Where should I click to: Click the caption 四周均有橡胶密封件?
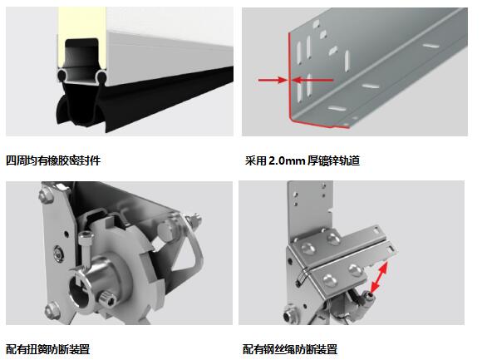click(x=53, y=160)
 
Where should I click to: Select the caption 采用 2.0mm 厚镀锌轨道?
click(x=302, y=160)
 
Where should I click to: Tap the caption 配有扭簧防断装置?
click(x=48, y=349)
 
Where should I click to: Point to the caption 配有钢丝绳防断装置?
click(x=290, y=349)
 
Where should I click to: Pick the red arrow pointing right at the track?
click(x=273, y=81)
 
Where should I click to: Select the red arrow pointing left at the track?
click(x=312, y=81)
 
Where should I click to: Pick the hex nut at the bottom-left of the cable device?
click(x=289, y=313)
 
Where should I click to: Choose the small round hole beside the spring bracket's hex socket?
click(x=66, y=234)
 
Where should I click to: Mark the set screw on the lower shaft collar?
click(x=107, y=298)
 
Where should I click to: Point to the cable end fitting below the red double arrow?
click(x=366, y=298)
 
